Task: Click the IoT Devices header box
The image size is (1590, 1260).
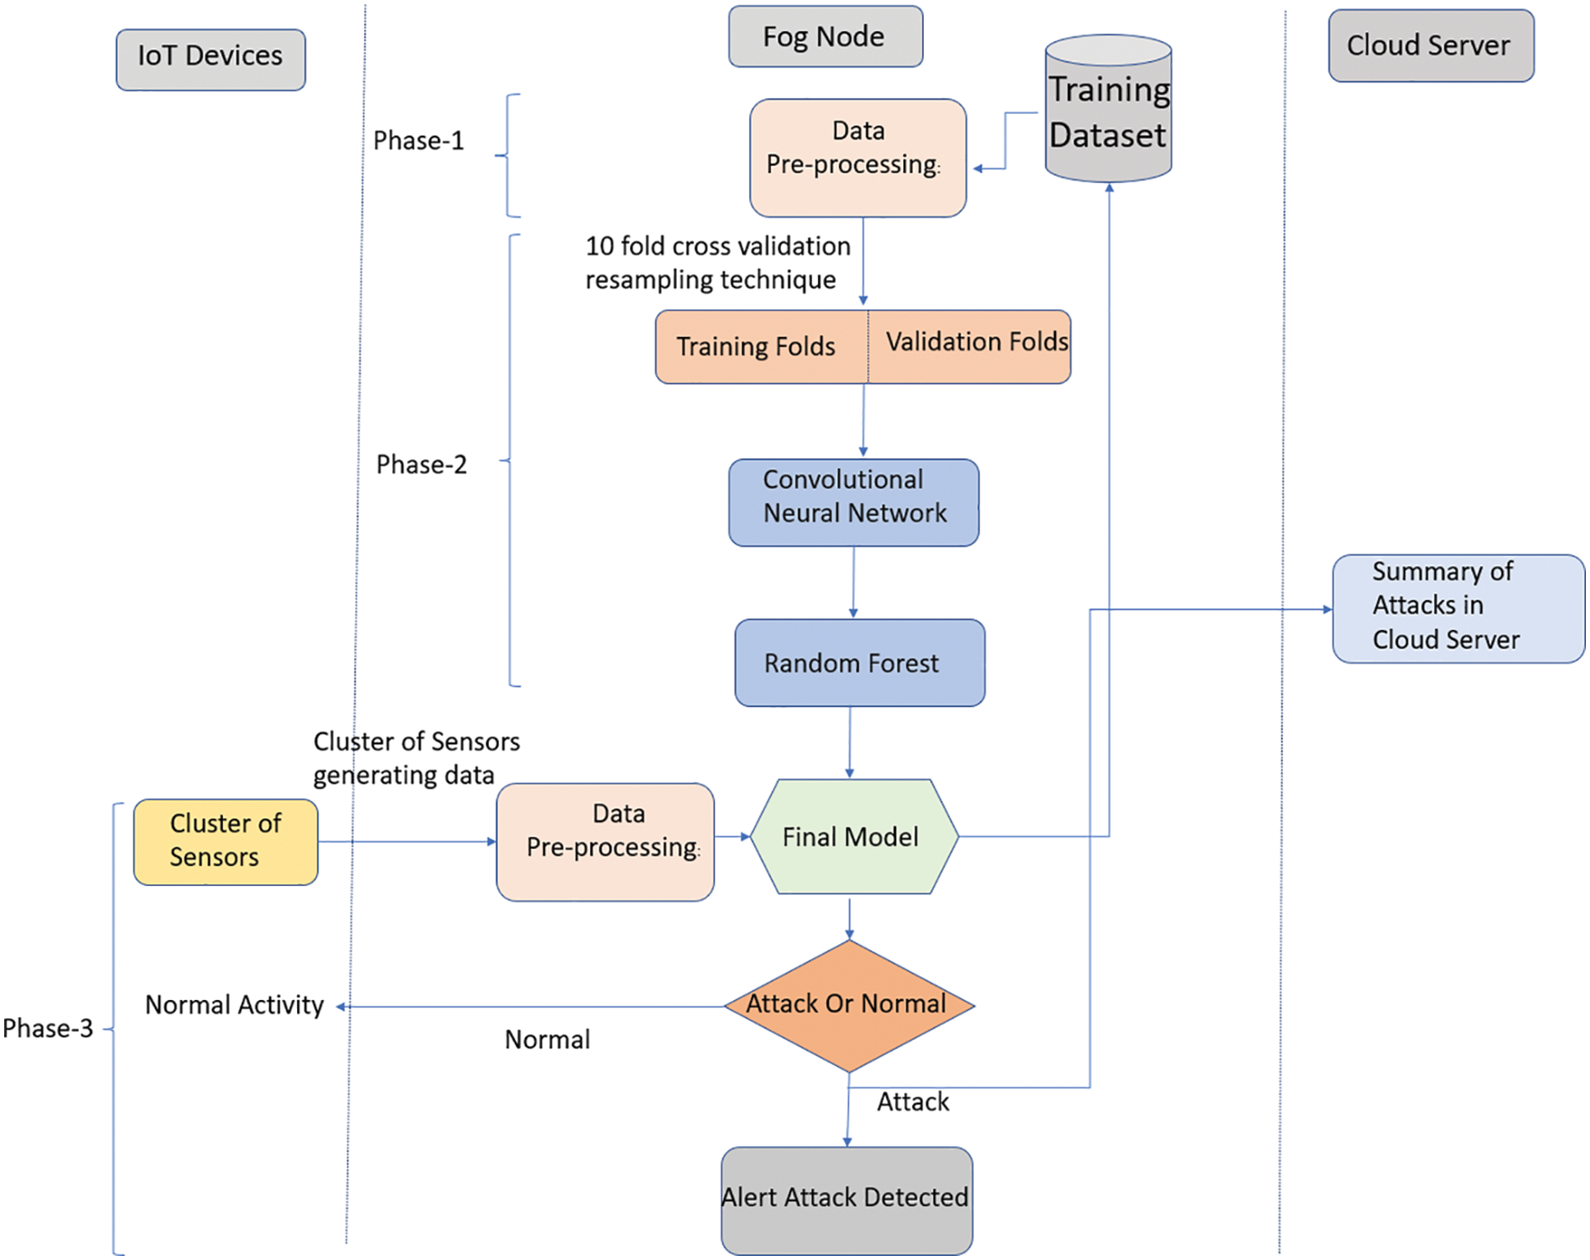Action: click(210, 59)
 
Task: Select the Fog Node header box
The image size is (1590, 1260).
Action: click(825, 37)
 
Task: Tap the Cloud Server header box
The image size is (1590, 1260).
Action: click(1430, 46)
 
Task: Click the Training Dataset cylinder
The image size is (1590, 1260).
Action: click(1108, 111)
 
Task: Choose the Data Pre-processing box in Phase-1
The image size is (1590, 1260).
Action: click(857, 157)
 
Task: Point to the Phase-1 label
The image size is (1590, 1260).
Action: click(418, 140)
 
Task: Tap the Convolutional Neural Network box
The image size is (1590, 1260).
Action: click(853, 502)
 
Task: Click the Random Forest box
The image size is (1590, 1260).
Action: click(859, 663)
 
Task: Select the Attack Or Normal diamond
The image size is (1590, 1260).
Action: click(849, 1005)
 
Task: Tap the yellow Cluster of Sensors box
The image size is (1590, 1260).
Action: click(226, 841)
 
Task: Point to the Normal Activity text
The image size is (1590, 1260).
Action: click(234, 1005)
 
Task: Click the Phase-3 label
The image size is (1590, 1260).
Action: click(48, 1028)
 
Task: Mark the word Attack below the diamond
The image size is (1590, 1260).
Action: click(912, 1102)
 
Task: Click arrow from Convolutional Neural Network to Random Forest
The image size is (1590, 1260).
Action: click(853, 582)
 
